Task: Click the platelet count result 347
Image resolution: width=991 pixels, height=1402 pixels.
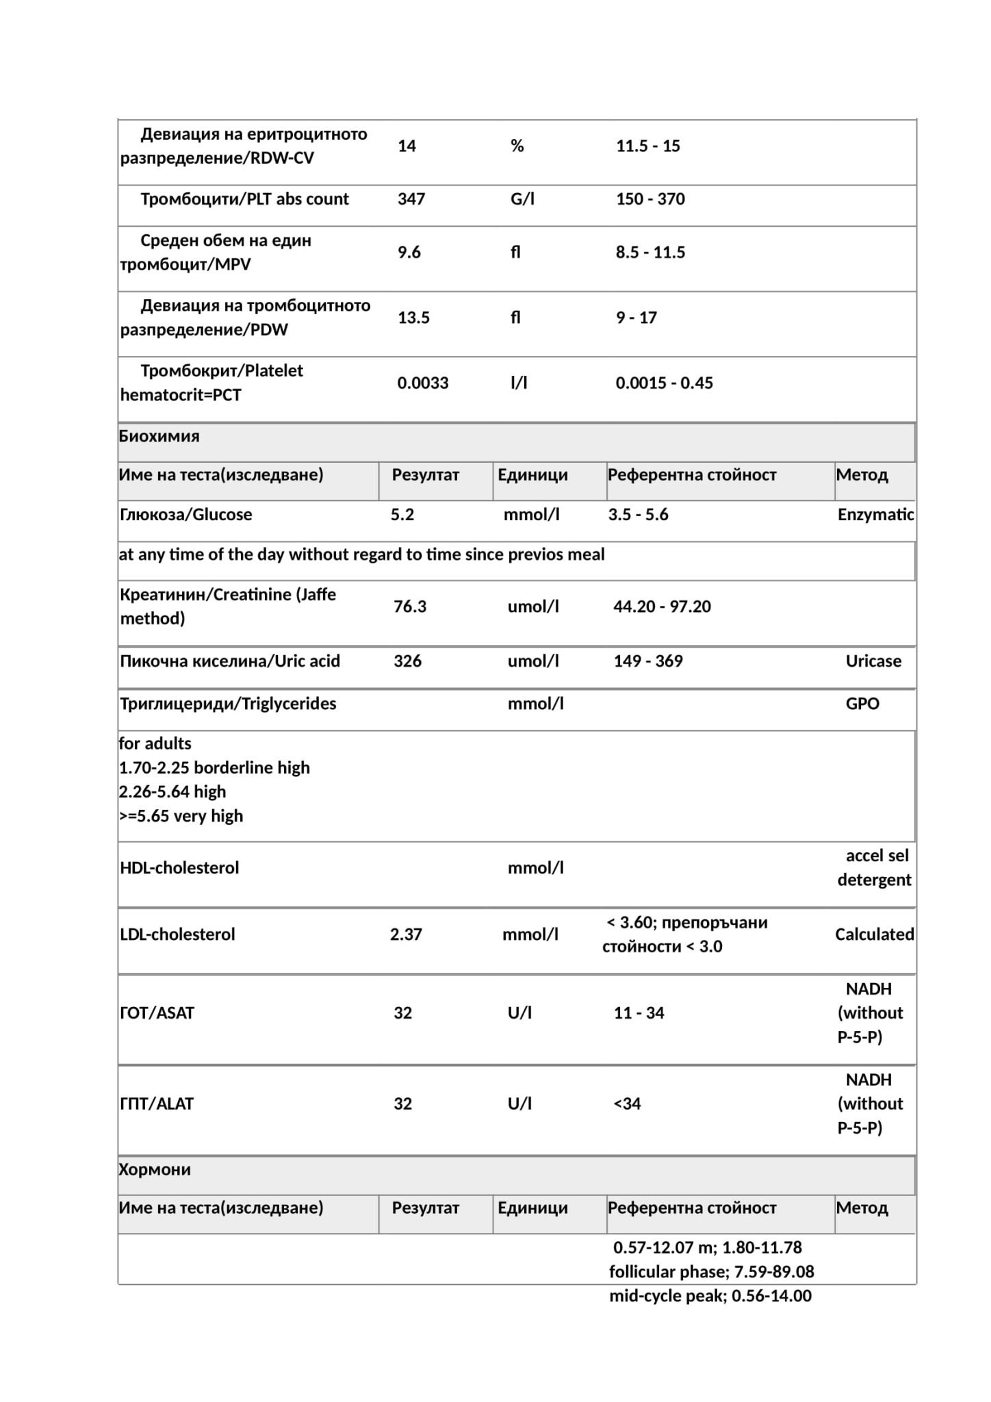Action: click(411, 199)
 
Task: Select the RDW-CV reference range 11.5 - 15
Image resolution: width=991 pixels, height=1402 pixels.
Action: click(647, 146)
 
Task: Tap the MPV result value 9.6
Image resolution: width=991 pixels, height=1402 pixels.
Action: click(409, 253)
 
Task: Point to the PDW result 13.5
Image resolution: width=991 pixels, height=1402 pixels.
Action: click(413, 318)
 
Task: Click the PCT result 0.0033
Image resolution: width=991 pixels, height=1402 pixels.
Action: click(422, 383)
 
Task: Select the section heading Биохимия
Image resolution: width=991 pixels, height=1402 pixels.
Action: click(159, 436)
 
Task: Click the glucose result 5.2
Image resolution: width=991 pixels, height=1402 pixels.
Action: click(402, 515)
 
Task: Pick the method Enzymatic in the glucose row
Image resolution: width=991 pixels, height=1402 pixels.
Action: click(875, 515)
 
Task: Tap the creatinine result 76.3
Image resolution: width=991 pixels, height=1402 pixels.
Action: click(409, 607)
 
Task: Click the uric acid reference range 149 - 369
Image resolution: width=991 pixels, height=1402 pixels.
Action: click(647, 661)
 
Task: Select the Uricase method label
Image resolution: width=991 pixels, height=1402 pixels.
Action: click(873, 661)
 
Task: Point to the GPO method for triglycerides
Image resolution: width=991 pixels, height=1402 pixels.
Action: click(862, 704)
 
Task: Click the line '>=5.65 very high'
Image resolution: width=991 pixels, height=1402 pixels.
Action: click(181, 816)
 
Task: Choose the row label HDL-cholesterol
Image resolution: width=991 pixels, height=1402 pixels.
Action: click(179, 868)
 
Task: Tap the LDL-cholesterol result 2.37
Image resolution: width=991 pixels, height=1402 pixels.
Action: click(406, 934)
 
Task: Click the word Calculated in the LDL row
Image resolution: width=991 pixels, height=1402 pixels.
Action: click(874, 934)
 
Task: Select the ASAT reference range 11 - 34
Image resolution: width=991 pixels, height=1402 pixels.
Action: click(639, 1013)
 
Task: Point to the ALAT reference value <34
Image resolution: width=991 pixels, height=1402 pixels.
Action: click(627, 1104)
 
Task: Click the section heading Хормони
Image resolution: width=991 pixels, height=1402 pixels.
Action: click(155, 1169)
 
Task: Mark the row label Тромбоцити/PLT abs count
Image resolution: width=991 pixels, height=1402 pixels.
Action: click(244, 199)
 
